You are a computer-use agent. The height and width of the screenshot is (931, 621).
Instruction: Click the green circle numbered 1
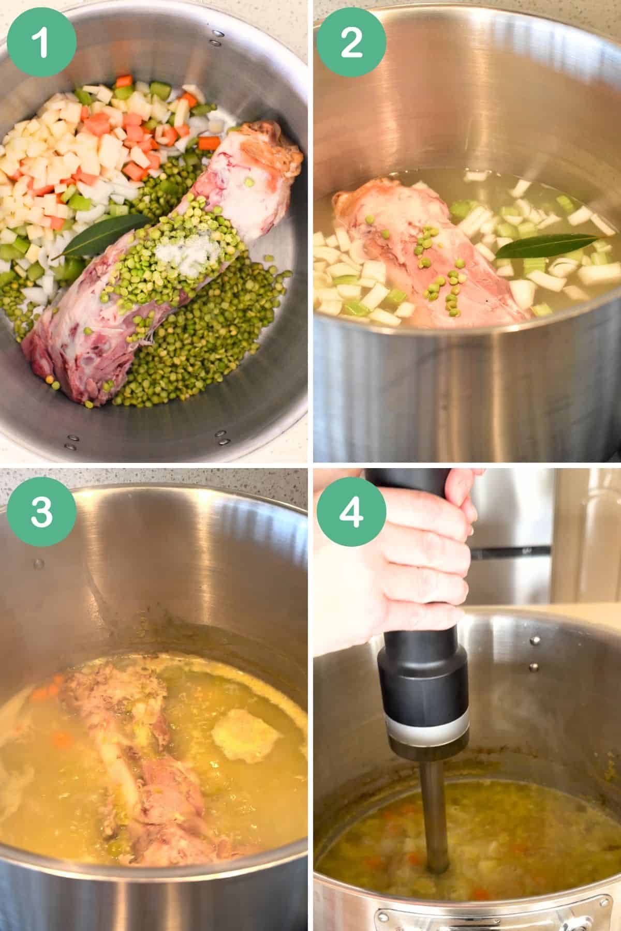(42, 42)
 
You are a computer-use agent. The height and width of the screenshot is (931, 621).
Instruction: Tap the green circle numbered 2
(352, 42)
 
